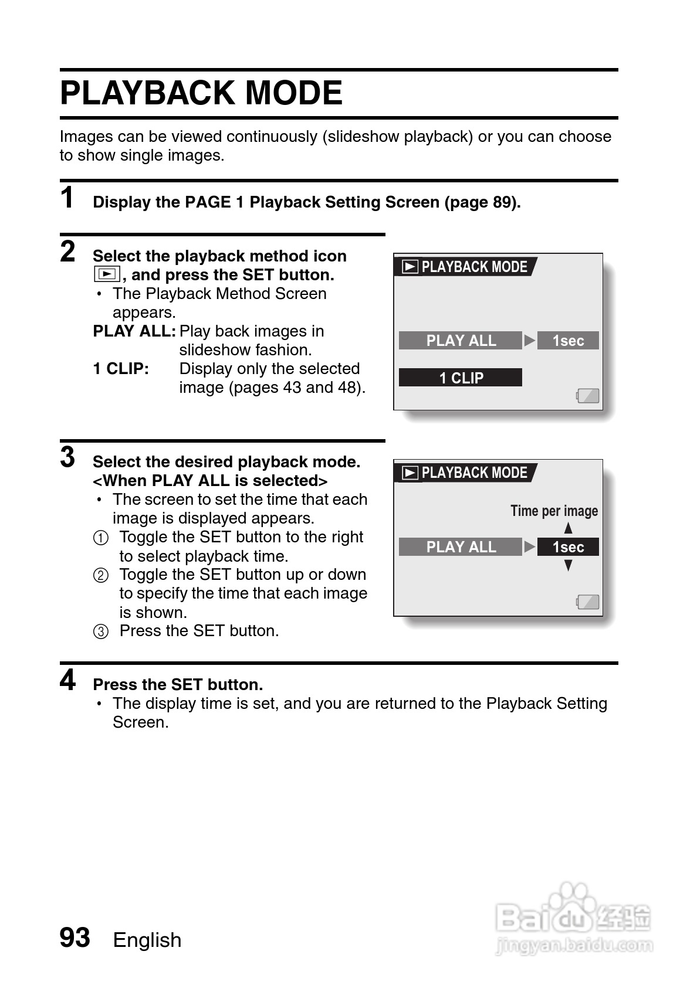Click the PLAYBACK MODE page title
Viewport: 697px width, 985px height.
coord(201,93)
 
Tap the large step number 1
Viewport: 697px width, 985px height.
coord(67,198)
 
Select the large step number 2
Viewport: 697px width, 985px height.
coord(68,252)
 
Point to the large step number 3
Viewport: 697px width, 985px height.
coord(68,458)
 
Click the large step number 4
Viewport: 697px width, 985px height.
coord(68,681)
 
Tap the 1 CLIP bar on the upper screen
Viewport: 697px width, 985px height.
coord(461,378)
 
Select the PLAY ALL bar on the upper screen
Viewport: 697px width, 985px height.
coord(461,341)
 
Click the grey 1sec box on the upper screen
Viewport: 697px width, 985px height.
coord(568,341)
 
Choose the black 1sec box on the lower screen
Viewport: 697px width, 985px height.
coord(568,547)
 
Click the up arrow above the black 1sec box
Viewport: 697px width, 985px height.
coord(568,528)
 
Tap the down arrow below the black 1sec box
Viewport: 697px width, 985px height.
coord(568,566)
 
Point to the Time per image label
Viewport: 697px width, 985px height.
coord(554,511)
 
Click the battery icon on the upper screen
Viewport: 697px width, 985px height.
coord(588,396)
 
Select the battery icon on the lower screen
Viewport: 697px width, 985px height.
coord(588,602)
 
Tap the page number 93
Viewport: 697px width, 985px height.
coord(75,938)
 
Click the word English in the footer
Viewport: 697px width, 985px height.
coord(147,940)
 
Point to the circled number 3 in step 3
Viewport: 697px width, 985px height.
coord(101,631)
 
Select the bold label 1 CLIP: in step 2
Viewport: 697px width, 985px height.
coord(121,369)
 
